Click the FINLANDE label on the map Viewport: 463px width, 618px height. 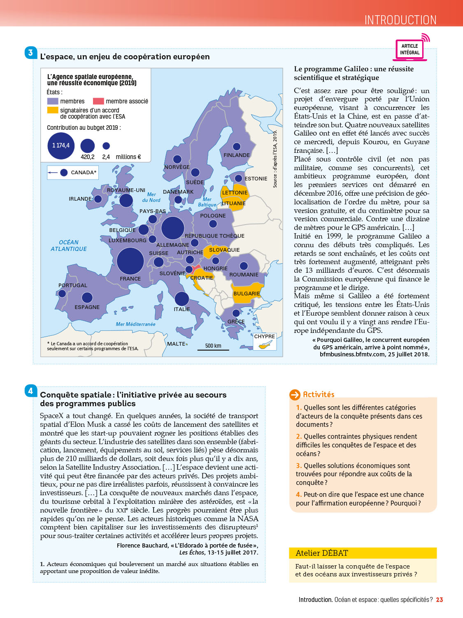pyautogui.click(x=237, y=155)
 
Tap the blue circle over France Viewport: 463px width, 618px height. pyautogui.click(x=130, y=261)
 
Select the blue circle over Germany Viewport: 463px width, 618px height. pyautogui.click(x=172, y=227)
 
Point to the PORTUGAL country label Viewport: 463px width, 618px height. pyautogui.click(x=73, y=285)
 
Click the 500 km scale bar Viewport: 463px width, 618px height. pyautogui.click(x=213, y=348)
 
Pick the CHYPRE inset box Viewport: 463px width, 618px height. pyautogui.click(x=264, y=342)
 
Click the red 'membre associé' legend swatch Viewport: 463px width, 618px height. pyautogui.click(x=98, y=101)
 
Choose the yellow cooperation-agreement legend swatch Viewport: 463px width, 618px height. pyautogui.click(x=53, y=110)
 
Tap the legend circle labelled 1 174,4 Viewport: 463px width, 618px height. pyautogui.click(x=61, y=145)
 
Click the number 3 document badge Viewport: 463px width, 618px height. pyautogui.click(x=30, y=53)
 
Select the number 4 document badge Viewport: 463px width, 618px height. pyautogui.click(x=30, y=391)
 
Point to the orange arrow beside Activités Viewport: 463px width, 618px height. pyautogui.click(x=295, y=395)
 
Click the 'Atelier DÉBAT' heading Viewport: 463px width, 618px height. pyautogui.click(x=322, y=553)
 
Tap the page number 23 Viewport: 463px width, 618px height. pyautogui.click(x=440, y=600)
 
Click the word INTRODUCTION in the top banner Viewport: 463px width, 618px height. pyautogui.click(x=400, y=20)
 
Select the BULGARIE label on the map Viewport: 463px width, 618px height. pyautogui.click(x=247, y=294)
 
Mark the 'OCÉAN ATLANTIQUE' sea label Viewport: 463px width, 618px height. pyautogui.click(x=69, y=246)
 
